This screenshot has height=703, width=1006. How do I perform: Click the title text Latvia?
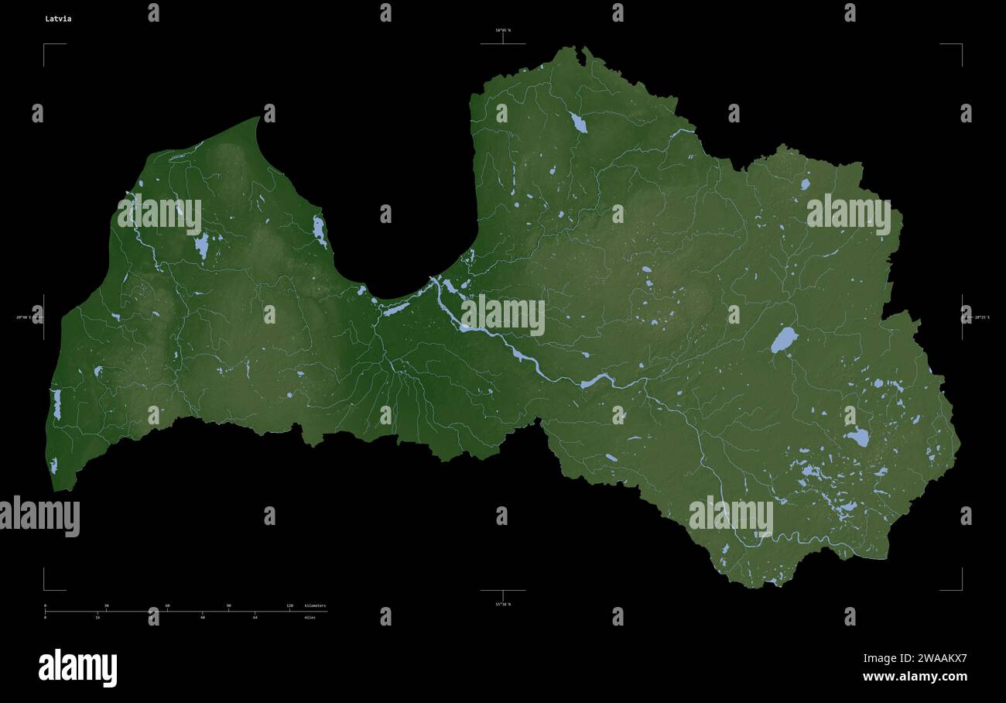pyautogui.click(x=58, y=19)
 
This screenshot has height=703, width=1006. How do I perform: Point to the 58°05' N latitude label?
pyautogui.click(x=503, y=30)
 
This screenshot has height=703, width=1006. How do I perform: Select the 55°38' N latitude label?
pyautogui.click(x=503, y=604)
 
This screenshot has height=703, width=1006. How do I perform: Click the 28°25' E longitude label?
pyautogui.click(x=981, y=317)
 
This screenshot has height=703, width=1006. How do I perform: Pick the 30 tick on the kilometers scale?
pyautogui.click(x=106, y=605)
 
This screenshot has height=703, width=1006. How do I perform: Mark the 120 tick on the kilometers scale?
pyautogui.click(x=289, y=605)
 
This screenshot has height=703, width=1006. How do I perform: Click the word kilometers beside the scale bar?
pyautogui.click(x=315, y=605)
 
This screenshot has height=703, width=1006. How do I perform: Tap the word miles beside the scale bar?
pyautogui.click(x=310, y=617)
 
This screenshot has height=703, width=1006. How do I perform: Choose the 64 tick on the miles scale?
pyautogui.click(x=255, y=617)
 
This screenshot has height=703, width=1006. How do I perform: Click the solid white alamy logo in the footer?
pyautogui.click(x=77, y=667)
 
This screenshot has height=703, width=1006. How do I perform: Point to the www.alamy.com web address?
pyautogui.click(x=915, y=677)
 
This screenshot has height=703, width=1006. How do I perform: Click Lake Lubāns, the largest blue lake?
pyautogui.click(x=783, y=340)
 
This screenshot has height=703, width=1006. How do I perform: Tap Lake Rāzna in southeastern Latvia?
pyautogui.click(x=857, y=437)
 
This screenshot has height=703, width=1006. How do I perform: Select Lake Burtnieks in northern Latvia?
pyautogui.click(x=577, y=122)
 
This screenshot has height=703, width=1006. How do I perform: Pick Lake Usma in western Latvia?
pyautogui.click(x=202, y=246)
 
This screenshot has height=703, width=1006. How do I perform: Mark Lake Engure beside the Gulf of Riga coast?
pyautogui.click(x=319, y=231)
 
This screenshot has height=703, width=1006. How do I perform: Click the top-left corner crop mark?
pyautogui.click(x=45, y=45)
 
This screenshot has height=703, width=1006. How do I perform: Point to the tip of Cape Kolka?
pyautogui.click(x=258, y=118)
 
